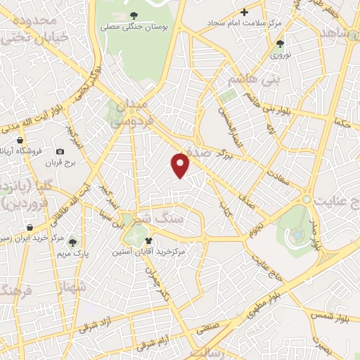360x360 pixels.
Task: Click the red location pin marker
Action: pyautogui.click(x=181, y=165)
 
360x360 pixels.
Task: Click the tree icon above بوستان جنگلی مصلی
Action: pyautogui.click(x=133, y=15)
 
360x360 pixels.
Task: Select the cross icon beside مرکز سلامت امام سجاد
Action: pyautogui.click(x=245, y=12)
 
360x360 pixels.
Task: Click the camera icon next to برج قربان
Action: pyautogui.click(x=60, y=152)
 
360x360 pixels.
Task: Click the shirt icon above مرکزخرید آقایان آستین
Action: pyautogui.click(x=148, y=240)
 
